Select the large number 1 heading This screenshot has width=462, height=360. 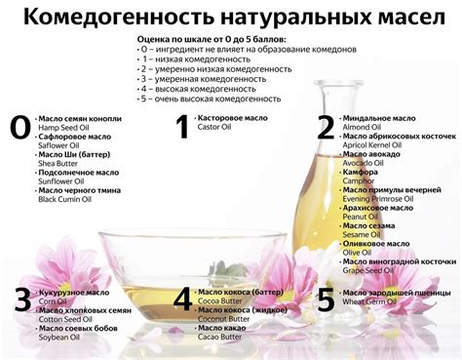click(x=181, y=127)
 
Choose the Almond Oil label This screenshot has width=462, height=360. click(x=363, y=126)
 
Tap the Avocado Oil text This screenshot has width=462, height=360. click(x=365, y=162)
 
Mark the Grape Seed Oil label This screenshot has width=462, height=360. click(x=368, y=269)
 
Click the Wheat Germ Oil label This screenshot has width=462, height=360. click(x=370, y=300)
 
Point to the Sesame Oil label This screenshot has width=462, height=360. click(x=363, y=234)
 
